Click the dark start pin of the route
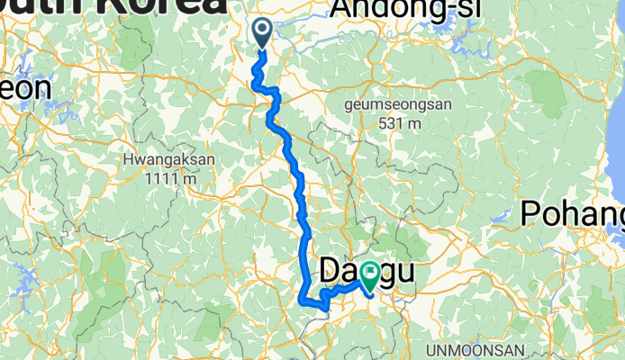tap(262, 33)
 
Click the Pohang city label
tap(573, 215)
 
